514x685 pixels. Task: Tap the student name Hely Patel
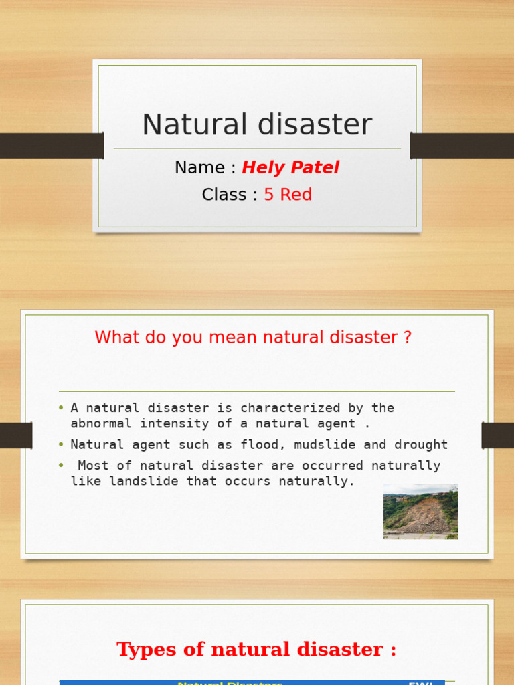click(x=290, y=168)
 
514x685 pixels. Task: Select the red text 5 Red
click(x=288, y=195)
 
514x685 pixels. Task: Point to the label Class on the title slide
click(x=224, y=195)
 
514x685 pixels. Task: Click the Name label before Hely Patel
click(x=199, y=168)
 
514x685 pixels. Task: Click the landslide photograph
click(x=420, y=512)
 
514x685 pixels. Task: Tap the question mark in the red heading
click(x=408, y=338)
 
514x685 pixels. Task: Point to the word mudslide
click(x=298, y=445)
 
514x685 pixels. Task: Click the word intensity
click(x=171, y=423)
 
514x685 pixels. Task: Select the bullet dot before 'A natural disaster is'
click(x=61, y=408)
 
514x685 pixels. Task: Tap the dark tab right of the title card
click(x=462, y=146)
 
